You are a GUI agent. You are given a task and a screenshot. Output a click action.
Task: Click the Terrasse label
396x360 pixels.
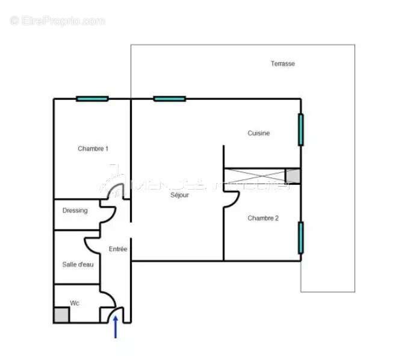(282, 64)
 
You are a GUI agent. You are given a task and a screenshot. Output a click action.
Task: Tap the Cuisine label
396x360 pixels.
(259, 134)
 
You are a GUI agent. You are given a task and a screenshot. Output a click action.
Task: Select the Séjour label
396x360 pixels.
(180, 196)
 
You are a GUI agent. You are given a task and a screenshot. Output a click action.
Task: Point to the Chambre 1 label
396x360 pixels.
(93, 149)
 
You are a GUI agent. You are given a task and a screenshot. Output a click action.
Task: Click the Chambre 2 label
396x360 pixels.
(263, 219)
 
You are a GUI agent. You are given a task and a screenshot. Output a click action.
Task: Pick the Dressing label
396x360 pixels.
(75, 211)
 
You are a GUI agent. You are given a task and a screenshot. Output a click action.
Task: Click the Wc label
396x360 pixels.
(75, 303)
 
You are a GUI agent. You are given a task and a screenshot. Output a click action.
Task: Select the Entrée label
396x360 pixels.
(118, 249)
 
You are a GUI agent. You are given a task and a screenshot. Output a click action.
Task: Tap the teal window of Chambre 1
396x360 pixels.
(92, 99)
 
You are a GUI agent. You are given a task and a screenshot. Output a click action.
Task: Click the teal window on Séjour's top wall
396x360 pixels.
(170, 99)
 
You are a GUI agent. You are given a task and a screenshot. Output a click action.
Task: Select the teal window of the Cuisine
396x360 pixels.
(300, 129)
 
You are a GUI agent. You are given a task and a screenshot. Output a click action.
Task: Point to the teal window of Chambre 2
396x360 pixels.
(300, 237)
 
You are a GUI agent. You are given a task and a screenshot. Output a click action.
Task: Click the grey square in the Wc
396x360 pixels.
(61, 315)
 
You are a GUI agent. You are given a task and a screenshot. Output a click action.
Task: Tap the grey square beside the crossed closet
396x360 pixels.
(292, 176)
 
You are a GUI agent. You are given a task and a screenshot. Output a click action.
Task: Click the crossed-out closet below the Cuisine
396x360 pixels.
(254, 176)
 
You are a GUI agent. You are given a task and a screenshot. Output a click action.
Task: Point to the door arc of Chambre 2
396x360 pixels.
(230, 199)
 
